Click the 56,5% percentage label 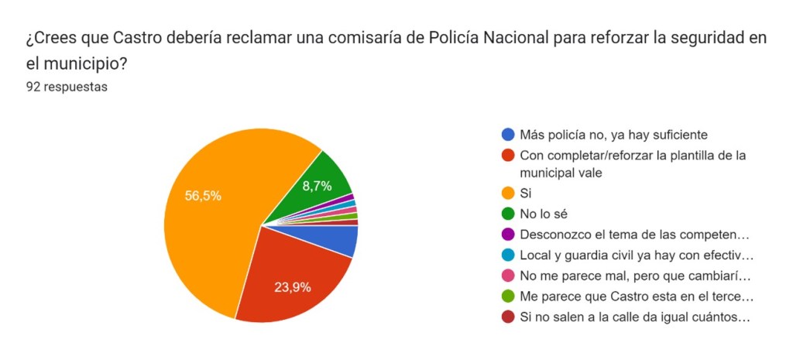[203, 196]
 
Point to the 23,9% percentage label [293, 287]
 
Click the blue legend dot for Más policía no [508, 135]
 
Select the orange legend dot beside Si [508, 193]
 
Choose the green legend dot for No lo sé [508, 214]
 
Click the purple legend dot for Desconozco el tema [508, 234]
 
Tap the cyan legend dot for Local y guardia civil [508, 255]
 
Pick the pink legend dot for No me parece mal [508, 276]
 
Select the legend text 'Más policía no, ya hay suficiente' [613, 135]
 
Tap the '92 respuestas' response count [67, 87]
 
